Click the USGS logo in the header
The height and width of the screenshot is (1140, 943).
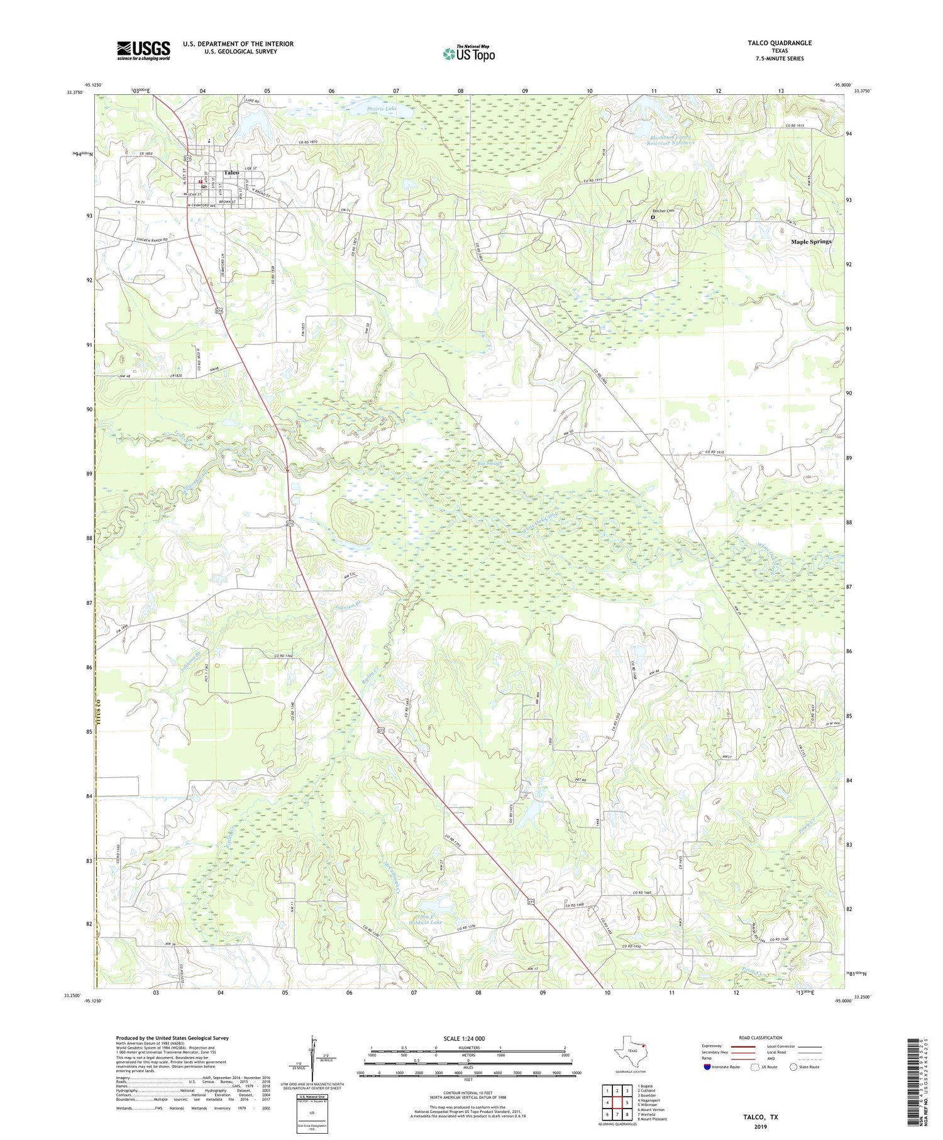(x=143, y=50)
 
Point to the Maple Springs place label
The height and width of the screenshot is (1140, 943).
(x=811, y=241)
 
